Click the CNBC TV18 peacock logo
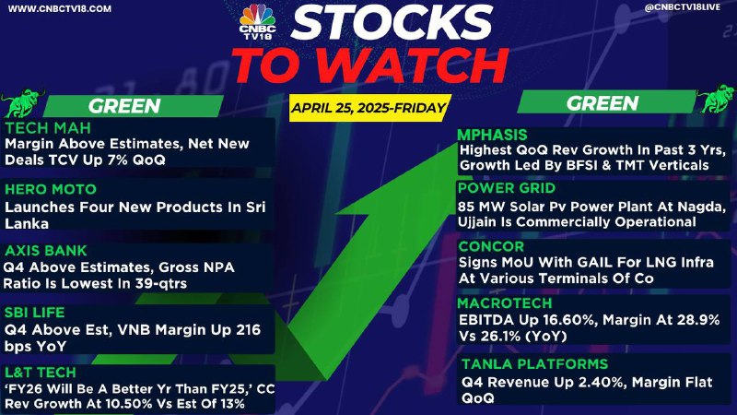(x=257, y=21)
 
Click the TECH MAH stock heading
(x=48, y=128)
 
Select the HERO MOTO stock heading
(x=51, y=189)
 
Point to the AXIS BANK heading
(x=46, y=250)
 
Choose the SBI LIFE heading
(x=35, y=313)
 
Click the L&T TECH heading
(x=41, y=373)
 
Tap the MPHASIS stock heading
(x=492, y=135)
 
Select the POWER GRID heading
(x=507, y=188)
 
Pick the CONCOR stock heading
(x=491, y=246)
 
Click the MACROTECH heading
(x=505, y=303)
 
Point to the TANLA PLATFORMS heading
(x=535, y=363)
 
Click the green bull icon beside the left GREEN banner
(x=22, y=102)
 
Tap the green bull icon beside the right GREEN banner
(x=716, y=99)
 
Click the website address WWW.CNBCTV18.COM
(x=60, y=8)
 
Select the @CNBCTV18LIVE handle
(x=683, y=7)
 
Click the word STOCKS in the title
(x=392, y=22)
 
